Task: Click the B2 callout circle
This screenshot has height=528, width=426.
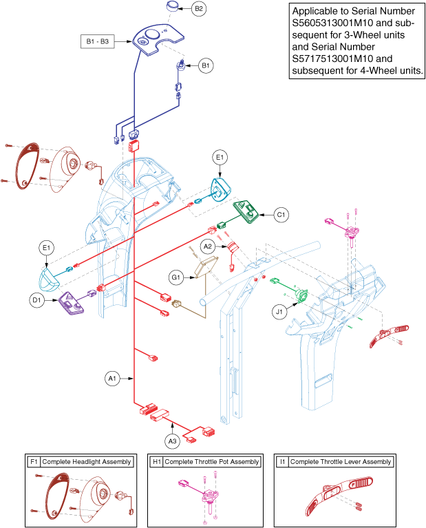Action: point(198,9)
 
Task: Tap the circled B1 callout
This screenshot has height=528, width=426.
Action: point(206,66)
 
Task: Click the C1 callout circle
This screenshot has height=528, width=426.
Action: point(281,214)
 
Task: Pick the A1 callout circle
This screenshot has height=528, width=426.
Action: point(111,378)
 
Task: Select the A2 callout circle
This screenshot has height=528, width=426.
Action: point(207,245)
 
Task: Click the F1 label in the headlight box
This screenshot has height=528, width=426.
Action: point(34,461)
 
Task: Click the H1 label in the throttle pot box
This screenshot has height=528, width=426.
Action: point(156,461)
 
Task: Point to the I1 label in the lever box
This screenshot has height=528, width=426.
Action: point(282,461)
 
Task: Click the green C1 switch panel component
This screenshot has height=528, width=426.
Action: point(247,212)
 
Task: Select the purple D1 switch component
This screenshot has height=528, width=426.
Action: point(72,302)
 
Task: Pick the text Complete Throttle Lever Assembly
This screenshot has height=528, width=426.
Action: point(341,461)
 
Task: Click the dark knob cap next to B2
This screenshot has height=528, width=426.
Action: point(172,6)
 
